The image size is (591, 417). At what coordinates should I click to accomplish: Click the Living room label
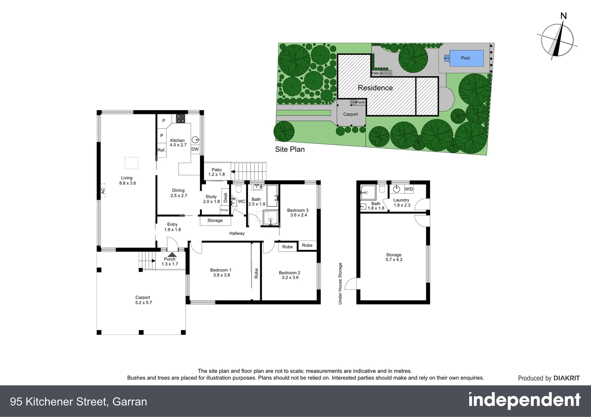coord(126,178)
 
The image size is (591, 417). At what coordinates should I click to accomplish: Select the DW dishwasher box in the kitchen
coord(195,149)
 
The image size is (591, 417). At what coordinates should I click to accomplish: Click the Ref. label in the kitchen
coord(161,150)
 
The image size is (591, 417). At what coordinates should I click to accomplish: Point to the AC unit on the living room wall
coord(102,191)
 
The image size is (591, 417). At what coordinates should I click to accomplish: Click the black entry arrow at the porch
coord(172,254)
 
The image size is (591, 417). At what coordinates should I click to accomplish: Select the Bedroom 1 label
coord(221,270)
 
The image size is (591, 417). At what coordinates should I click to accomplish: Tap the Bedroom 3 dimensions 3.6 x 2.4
coord(299,215)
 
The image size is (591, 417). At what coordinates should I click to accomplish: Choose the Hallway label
coord(237,233)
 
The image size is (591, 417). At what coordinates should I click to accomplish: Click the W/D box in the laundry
coord(409,189)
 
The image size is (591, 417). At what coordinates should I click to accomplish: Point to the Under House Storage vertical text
coord(340,283)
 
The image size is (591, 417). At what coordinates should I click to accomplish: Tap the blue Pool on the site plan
coord(465,58)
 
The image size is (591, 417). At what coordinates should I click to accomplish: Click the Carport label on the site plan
coord(350,114)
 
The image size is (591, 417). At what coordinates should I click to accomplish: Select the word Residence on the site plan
coord(375,88)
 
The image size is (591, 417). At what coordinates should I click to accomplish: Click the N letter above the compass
coord(564,16)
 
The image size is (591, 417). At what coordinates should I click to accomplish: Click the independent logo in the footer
coord(524,401)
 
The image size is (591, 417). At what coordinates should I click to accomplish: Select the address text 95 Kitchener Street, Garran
coord(79,402)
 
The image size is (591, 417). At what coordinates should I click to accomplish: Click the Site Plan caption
coord(290,149)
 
